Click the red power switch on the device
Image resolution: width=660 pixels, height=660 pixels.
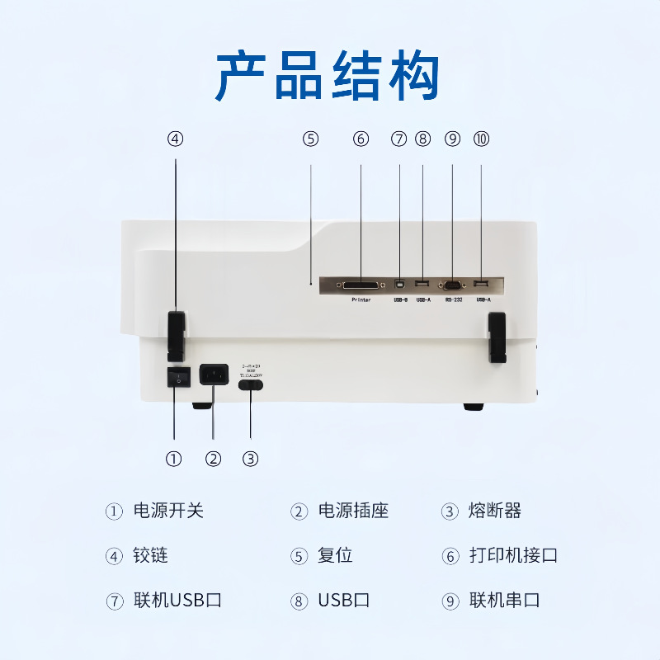click(175, 377)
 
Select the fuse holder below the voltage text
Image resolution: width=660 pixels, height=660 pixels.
click(250, 383)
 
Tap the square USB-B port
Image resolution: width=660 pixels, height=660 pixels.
click(400, 285)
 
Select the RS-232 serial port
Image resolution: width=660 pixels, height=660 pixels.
click(452, 285)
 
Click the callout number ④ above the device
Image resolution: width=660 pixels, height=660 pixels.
click(175, 139)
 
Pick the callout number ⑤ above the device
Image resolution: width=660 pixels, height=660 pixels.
click(310, 139)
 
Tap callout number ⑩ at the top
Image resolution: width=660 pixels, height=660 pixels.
click(481, 139)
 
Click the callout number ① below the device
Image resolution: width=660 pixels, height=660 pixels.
click(173, 460)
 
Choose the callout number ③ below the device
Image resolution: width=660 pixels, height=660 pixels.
click(251, 460)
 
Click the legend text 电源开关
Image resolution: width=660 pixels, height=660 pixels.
click(168, 511)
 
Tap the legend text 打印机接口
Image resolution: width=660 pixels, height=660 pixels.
click(513, 555)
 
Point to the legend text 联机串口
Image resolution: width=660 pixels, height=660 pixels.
click(504, 600)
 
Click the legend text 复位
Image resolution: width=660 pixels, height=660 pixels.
click(335, 555)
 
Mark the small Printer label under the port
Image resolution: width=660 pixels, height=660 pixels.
click(361, 299)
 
